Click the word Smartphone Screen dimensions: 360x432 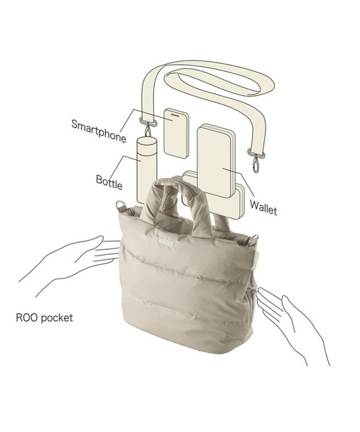tap(99, 131)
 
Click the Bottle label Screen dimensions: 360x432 tap(109, 182)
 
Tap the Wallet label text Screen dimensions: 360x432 tap(264, 208)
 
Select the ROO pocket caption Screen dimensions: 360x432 tap(45, 318)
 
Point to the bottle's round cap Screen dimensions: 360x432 tap(147, 142)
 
